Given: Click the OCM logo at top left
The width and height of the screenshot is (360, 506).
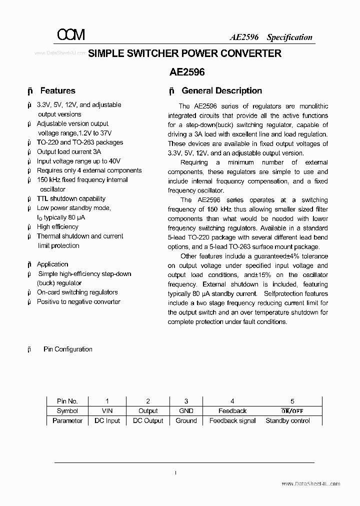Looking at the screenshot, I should (x=71, y=34).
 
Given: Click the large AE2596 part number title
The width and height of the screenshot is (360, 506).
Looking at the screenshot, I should (x=187, y=71).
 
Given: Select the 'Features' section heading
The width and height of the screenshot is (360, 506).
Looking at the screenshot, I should (x=57, y=91).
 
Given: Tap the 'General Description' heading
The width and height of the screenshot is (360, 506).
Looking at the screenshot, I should (x=221, y=91).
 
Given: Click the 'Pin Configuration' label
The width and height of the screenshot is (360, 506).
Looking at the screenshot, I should (x=68, y=349).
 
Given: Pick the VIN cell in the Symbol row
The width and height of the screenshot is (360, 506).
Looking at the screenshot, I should (x=107, y=411).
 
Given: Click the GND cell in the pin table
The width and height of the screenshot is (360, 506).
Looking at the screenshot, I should (x=186, y=411).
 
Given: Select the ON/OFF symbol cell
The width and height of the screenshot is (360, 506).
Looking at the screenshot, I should (x=292, y=411).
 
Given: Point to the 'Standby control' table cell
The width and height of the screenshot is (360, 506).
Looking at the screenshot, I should (x=287, y=421).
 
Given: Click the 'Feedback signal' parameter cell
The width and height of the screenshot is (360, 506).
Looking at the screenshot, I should (x=232, y=421).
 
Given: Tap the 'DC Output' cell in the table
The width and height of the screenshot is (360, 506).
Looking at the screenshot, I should (x=148, y=421).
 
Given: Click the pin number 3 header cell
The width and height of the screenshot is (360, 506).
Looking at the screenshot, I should (x=186, y=401).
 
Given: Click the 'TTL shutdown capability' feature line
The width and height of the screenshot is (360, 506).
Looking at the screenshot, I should (x=71, y=198).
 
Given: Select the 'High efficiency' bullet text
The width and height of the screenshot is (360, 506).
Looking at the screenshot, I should (x=57, y=227).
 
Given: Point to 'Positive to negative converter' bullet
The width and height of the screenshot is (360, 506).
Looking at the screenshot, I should (x=78, y=302).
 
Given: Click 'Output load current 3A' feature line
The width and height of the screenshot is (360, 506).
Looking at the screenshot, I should (x=69, y=152).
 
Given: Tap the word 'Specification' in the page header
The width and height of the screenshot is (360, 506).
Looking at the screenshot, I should (x=289, y=37).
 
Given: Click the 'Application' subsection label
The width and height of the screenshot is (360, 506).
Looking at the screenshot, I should (x=52, y=264).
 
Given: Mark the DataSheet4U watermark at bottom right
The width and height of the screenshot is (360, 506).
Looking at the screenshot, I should (x=311, y=484).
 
